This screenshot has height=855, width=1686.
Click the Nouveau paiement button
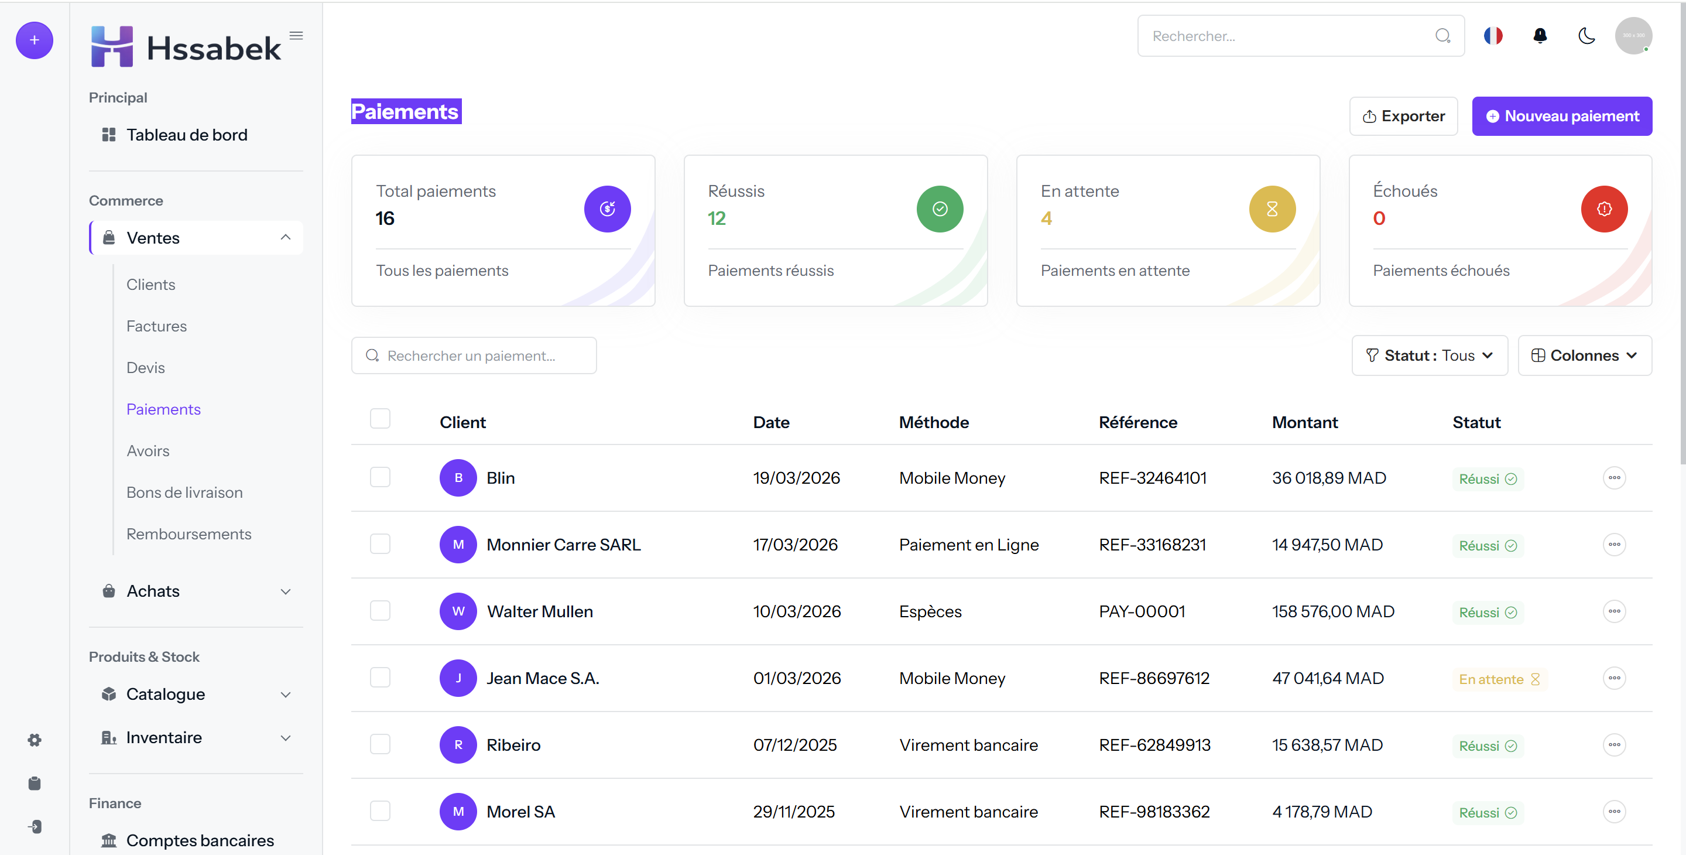1562,116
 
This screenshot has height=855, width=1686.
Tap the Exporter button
1403,116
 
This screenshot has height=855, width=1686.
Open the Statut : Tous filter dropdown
1430,355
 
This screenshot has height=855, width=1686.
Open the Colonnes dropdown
1585,355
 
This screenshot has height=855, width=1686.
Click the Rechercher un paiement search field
474,355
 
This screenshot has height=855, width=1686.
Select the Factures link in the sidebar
156,326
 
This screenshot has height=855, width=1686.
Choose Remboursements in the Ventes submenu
189,533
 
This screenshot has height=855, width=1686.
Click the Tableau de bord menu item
187,135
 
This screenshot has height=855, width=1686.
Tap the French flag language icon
1493,36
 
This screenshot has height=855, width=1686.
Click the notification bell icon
1540,36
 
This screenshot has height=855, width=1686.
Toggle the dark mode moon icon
1586,36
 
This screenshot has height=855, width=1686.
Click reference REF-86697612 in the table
1154,678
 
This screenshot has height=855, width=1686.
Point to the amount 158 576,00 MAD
1333,611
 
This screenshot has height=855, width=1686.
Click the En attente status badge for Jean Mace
1499,679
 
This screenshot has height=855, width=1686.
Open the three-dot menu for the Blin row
1614,478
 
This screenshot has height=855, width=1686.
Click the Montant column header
1304,422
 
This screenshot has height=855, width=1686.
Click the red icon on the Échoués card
1603,209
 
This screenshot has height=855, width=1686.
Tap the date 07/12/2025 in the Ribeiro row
794,744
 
